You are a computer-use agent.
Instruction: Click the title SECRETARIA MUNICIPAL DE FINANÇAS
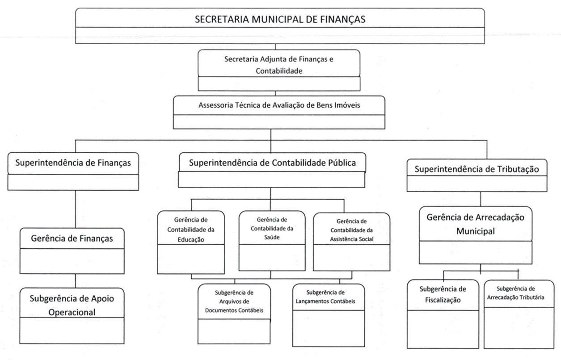point(280,19)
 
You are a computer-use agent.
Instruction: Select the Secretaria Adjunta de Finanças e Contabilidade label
point(279,64)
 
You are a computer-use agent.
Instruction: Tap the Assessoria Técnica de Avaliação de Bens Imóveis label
point(279,106)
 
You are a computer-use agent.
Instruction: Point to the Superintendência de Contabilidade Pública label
point(272,163)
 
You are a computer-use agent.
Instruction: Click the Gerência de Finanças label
point(72,239)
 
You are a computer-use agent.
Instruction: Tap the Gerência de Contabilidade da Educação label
point(191,230)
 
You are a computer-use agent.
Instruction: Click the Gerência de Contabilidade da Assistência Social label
point(351,230)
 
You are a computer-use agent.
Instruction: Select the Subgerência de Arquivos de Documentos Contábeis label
point(234,301)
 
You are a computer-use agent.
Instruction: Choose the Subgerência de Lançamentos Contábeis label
point(325,297)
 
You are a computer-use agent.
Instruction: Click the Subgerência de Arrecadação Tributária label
point(519,293)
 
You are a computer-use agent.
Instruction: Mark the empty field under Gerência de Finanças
point(72,261)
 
